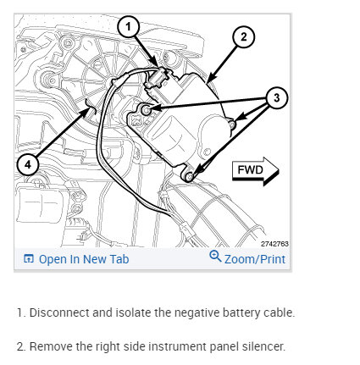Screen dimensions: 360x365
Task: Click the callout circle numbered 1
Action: coord(129,27)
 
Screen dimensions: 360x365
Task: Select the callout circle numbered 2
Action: coord(243,37)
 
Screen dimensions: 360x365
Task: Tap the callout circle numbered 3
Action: coord(276,98)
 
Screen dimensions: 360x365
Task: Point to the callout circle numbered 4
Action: coord(28,164)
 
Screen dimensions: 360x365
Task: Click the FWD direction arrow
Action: coord(256,171)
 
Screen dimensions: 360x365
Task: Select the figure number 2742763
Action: coord(274,244)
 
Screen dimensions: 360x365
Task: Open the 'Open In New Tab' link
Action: coord(84,259)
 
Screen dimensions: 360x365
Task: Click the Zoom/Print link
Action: coord(255,259)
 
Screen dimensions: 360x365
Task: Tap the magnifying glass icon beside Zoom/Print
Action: coord(215,256)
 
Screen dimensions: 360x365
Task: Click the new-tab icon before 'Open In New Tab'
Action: coord(29,258)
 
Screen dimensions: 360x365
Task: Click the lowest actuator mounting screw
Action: coord(189,177)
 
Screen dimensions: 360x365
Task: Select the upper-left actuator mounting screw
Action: coord(146,110)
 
